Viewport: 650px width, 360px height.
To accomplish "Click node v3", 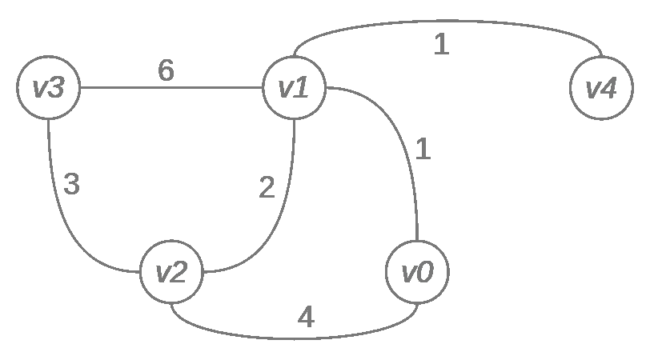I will [49, 87].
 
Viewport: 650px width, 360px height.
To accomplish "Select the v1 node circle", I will [295, 87].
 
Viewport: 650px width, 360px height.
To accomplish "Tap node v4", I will [600, 87].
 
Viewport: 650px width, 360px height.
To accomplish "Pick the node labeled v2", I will [172, 272].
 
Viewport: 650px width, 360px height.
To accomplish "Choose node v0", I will [417, 272].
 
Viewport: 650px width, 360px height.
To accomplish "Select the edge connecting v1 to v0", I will [404, 128].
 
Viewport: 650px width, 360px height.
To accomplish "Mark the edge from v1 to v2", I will [280, 216].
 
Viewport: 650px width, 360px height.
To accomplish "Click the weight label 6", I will [166, 71].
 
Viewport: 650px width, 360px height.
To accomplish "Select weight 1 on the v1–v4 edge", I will [441, 45].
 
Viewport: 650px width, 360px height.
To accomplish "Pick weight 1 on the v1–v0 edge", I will [423, 149].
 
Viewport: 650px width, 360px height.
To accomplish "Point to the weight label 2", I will [267, 188].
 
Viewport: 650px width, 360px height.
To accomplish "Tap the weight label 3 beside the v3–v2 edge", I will [71, 185].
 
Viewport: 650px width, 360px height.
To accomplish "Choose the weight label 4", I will [306, 318].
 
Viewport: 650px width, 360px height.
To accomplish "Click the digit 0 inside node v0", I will [426, 272].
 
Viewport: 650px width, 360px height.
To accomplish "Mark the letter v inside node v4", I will [593, 89].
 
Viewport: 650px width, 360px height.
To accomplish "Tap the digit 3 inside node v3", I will [57, 87].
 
